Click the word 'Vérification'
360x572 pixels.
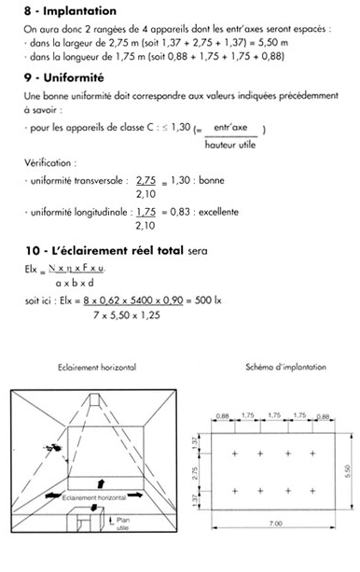click(x=46, y=161)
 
